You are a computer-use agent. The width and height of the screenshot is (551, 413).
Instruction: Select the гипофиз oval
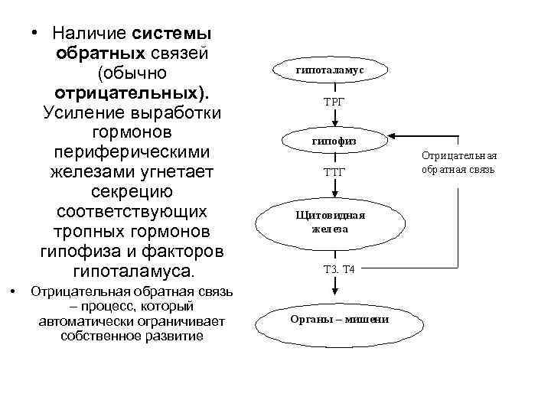point(334,141)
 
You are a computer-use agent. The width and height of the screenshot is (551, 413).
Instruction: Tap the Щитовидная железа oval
point(331,221)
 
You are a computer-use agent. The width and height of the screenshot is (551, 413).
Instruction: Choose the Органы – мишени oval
point(340,320)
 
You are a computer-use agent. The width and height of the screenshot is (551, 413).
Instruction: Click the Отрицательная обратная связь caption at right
point(458,161)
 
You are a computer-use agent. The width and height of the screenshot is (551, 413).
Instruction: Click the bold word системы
point(173,34)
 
